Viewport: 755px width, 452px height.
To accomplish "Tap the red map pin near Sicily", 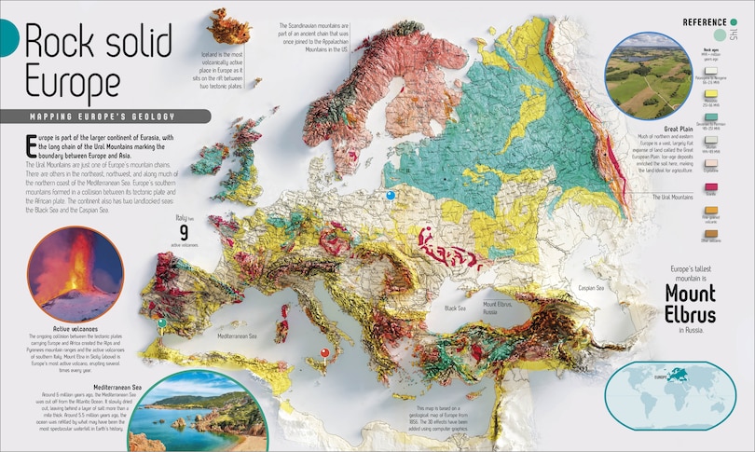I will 324,352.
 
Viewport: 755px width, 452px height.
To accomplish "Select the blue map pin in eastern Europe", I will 391,195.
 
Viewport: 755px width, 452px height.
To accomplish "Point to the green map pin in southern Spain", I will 163,322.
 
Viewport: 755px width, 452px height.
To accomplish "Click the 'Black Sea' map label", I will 455,307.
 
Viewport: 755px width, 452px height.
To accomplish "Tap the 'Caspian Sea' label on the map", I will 593,288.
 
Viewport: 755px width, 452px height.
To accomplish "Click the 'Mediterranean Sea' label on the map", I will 242,335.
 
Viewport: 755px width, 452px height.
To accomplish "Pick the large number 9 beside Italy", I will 184,231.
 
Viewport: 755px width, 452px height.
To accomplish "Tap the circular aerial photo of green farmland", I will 643,73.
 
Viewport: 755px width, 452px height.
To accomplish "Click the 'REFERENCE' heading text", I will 705,22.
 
